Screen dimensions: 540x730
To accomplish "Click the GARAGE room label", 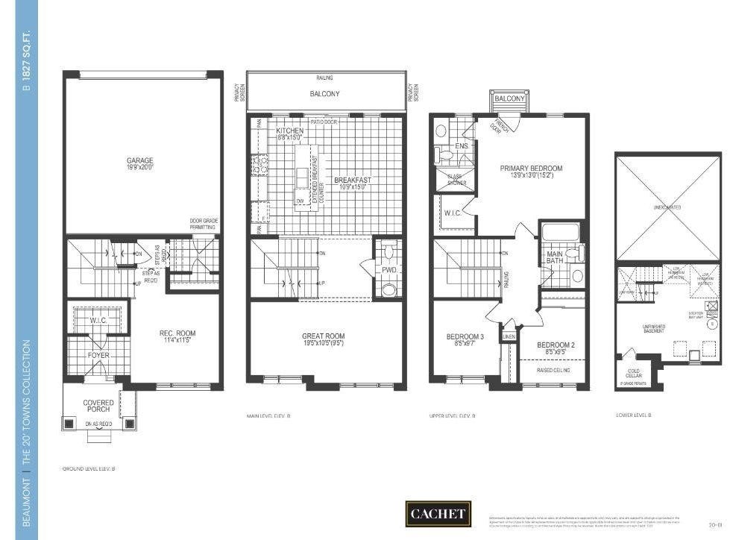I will (x=139, y=160).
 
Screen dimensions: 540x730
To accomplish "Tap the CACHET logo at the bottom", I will (x=438, y=513).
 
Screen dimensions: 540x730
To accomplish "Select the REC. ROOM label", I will (x=177, y=333).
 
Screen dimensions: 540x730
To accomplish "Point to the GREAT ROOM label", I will (x=324, y=336).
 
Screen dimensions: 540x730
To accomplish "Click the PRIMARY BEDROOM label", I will (x=531, y=169).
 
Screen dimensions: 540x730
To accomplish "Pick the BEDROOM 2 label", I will (x=556, y=345).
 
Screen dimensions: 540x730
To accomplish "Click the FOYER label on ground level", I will (x=98, y=356).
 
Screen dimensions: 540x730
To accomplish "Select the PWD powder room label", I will (x=389, y=270).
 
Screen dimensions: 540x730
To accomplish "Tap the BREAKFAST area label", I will (x=352, y=180).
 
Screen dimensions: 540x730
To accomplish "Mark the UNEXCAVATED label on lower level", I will (x=667, y=207).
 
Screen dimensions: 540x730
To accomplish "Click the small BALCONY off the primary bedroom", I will (x=510, y=98).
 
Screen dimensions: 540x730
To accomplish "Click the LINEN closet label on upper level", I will (x=509, y=336).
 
